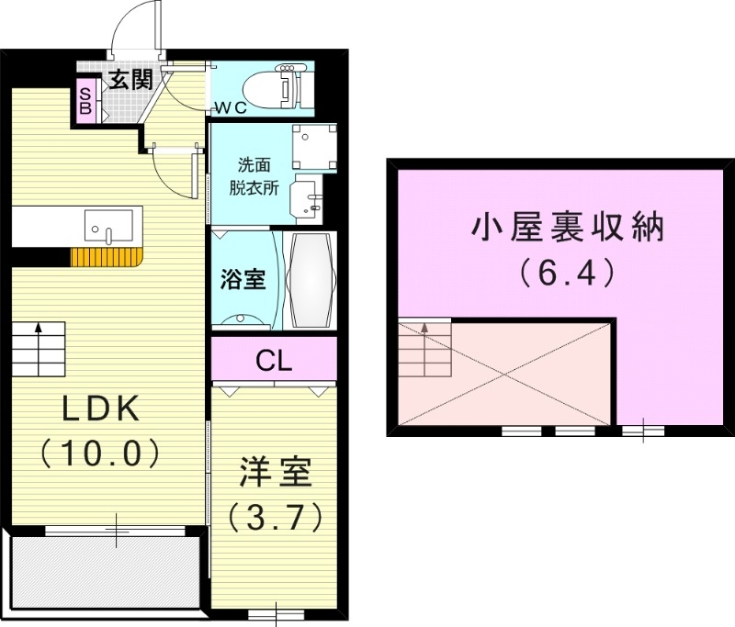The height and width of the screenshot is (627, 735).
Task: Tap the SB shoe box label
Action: (x=85, y=100)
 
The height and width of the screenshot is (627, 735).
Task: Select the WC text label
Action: (x=231, y=107)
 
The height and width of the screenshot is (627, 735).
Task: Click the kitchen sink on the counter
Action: (x=108, y=224)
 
